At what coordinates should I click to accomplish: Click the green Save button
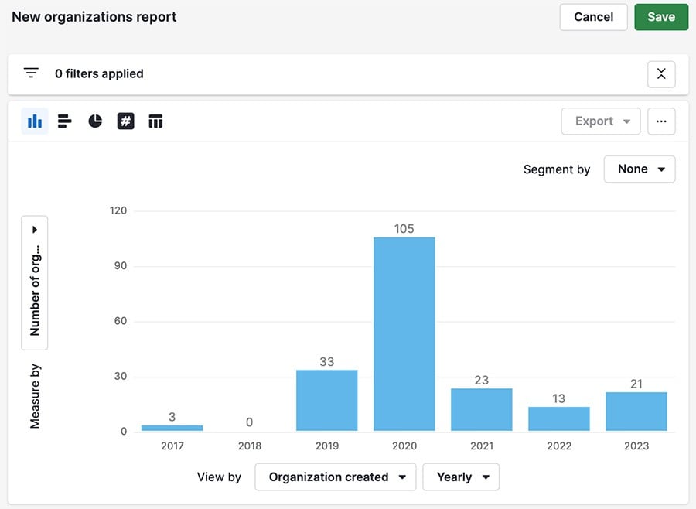660,17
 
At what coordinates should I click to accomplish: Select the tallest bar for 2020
404,333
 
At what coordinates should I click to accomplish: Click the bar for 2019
326,400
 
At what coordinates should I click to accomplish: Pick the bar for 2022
558,418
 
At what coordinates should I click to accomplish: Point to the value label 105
404,229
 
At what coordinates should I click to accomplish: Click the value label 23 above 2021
481,380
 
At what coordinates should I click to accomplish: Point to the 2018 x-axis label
249,446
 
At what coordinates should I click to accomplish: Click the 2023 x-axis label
636,446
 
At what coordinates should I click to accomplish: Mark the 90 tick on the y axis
118,266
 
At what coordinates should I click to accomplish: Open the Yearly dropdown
461,477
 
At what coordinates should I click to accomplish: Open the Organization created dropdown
336,477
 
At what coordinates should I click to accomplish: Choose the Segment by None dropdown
640,169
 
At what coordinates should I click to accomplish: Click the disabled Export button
601,121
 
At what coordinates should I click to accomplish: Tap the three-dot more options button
661,121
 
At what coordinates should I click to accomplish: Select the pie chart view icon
95,121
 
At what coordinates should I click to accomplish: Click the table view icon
155,121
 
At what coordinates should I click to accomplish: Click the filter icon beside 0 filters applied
31,73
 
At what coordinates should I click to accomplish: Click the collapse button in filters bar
661,74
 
